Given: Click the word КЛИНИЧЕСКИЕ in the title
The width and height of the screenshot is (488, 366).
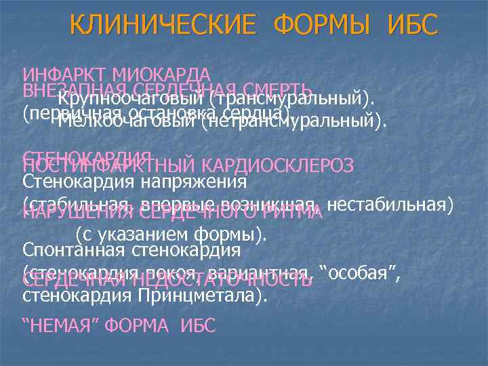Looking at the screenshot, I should click(x=163, y=26).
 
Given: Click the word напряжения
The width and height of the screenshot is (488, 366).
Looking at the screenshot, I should click(x=196, y=182).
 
